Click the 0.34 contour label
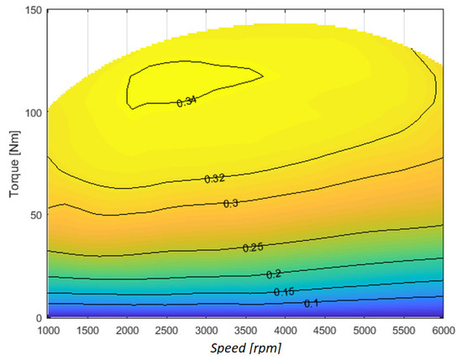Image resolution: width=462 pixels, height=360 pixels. (x=187, y=102)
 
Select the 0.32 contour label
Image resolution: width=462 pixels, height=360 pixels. (x=215, y=179)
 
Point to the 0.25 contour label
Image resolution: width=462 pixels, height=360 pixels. (x=253, y=248)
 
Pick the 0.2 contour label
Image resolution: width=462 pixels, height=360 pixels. (x=274, y=274)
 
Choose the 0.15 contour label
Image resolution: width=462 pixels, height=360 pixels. (x=284, y=291)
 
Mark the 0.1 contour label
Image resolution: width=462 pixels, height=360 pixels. (x=311, y=303)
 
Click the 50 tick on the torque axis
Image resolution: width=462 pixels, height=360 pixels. (x=34, y=214)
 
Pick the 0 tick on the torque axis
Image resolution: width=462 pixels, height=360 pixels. (x=39, y=317)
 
